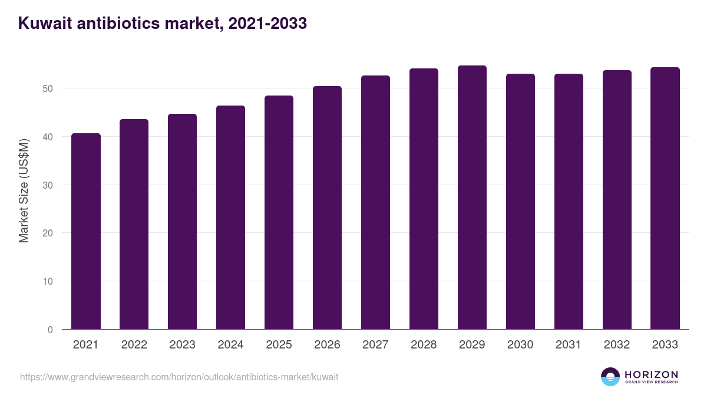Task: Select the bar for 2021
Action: point(86,231)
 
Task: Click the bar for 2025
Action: point(279,212)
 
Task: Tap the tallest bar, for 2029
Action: point(472,198)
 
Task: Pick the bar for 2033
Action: point(665,198)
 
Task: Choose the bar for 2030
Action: point(520,202)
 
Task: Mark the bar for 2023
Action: point(182,222)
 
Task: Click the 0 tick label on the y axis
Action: point(49,330)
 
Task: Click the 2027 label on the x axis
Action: point(375,345)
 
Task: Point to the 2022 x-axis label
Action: point(134,345)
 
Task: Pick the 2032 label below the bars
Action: point(617,345)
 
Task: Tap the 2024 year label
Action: point(230,345)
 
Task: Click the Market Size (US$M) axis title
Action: point(24,190)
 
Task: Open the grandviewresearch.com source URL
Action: point(179,377)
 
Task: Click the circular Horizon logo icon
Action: point(610,377)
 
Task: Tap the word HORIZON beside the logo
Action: point(651,374)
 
